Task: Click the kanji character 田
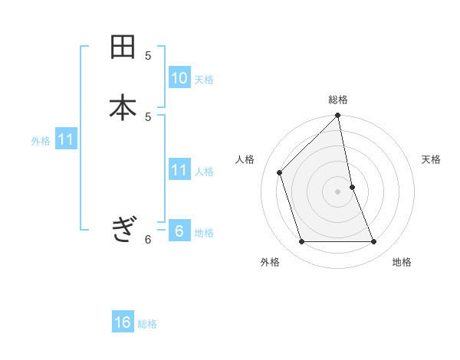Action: [x=123, y=47]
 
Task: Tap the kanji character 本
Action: [x=123, y=106]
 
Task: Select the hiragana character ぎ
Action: [x=123, y=229]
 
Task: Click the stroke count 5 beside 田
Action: [x=148, y=55]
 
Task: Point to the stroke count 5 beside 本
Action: [x=148, y=116]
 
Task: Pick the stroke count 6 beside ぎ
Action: [x=148, y=239]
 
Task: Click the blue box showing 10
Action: [x=179, y=78]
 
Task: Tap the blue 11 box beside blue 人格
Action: [x=179, y=170]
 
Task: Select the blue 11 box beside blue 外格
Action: [x=66, y=140]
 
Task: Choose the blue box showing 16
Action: [x=123, y=322]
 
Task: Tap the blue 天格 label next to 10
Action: [x=204, y=80]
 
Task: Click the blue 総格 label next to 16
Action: [x=147, y=324]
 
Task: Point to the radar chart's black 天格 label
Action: [x=431, y=159]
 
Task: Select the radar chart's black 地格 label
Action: [x=402, y=262]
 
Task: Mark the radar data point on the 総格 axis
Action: [x=338, y=116]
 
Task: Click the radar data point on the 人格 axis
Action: [x=280, y=172]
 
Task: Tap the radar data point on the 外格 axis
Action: [x=302, y=242]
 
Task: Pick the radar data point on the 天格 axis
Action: [x=353, y=187]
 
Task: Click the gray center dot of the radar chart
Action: [x=338, y=191]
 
